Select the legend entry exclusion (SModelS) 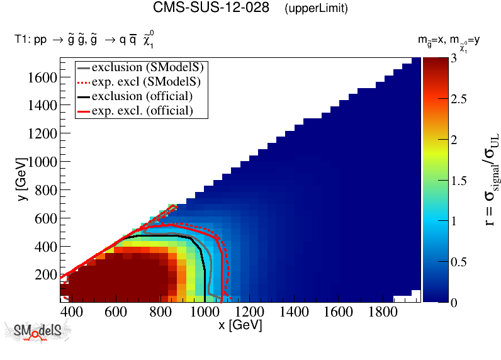click(x=150, y=67)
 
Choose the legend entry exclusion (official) click(x=142, y=96)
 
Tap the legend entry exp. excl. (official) click(x=142, y=110)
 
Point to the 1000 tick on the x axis click(x=204, y=312)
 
